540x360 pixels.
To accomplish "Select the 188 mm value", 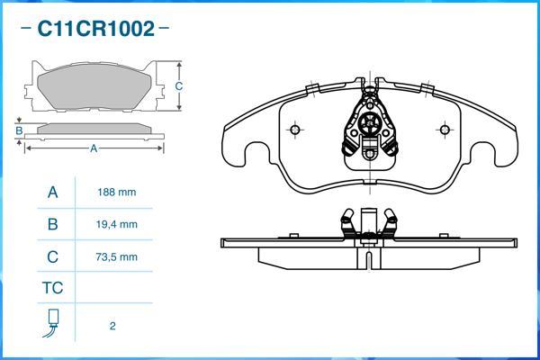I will [x=116, y=193].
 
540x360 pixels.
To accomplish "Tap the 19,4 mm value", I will [x=116, y=224].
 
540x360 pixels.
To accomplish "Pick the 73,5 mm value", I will [x=116, y=256].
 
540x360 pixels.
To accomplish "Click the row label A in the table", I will [x=52, y=193].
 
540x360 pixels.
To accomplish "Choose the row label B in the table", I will [x=52, y=224].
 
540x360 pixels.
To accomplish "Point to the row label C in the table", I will [x=52, y=256].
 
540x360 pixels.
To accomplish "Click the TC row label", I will [x=52, y=288].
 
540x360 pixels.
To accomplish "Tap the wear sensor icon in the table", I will [x=53, y=322].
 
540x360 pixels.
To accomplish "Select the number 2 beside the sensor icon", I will [x=112, y=326].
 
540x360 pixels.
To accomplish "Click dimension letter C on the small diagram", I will [x=179, y=86].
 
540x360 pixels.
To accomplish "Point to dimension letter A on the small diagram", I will [x=94, y=148].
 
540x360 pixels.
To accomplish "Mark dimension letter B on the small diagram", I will [x=18, y=131].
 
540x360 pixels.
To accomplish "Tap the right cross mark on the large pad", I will [x=442, y=128].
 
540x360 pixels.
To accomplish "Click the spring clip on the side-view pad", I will [x=369, y=223].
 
